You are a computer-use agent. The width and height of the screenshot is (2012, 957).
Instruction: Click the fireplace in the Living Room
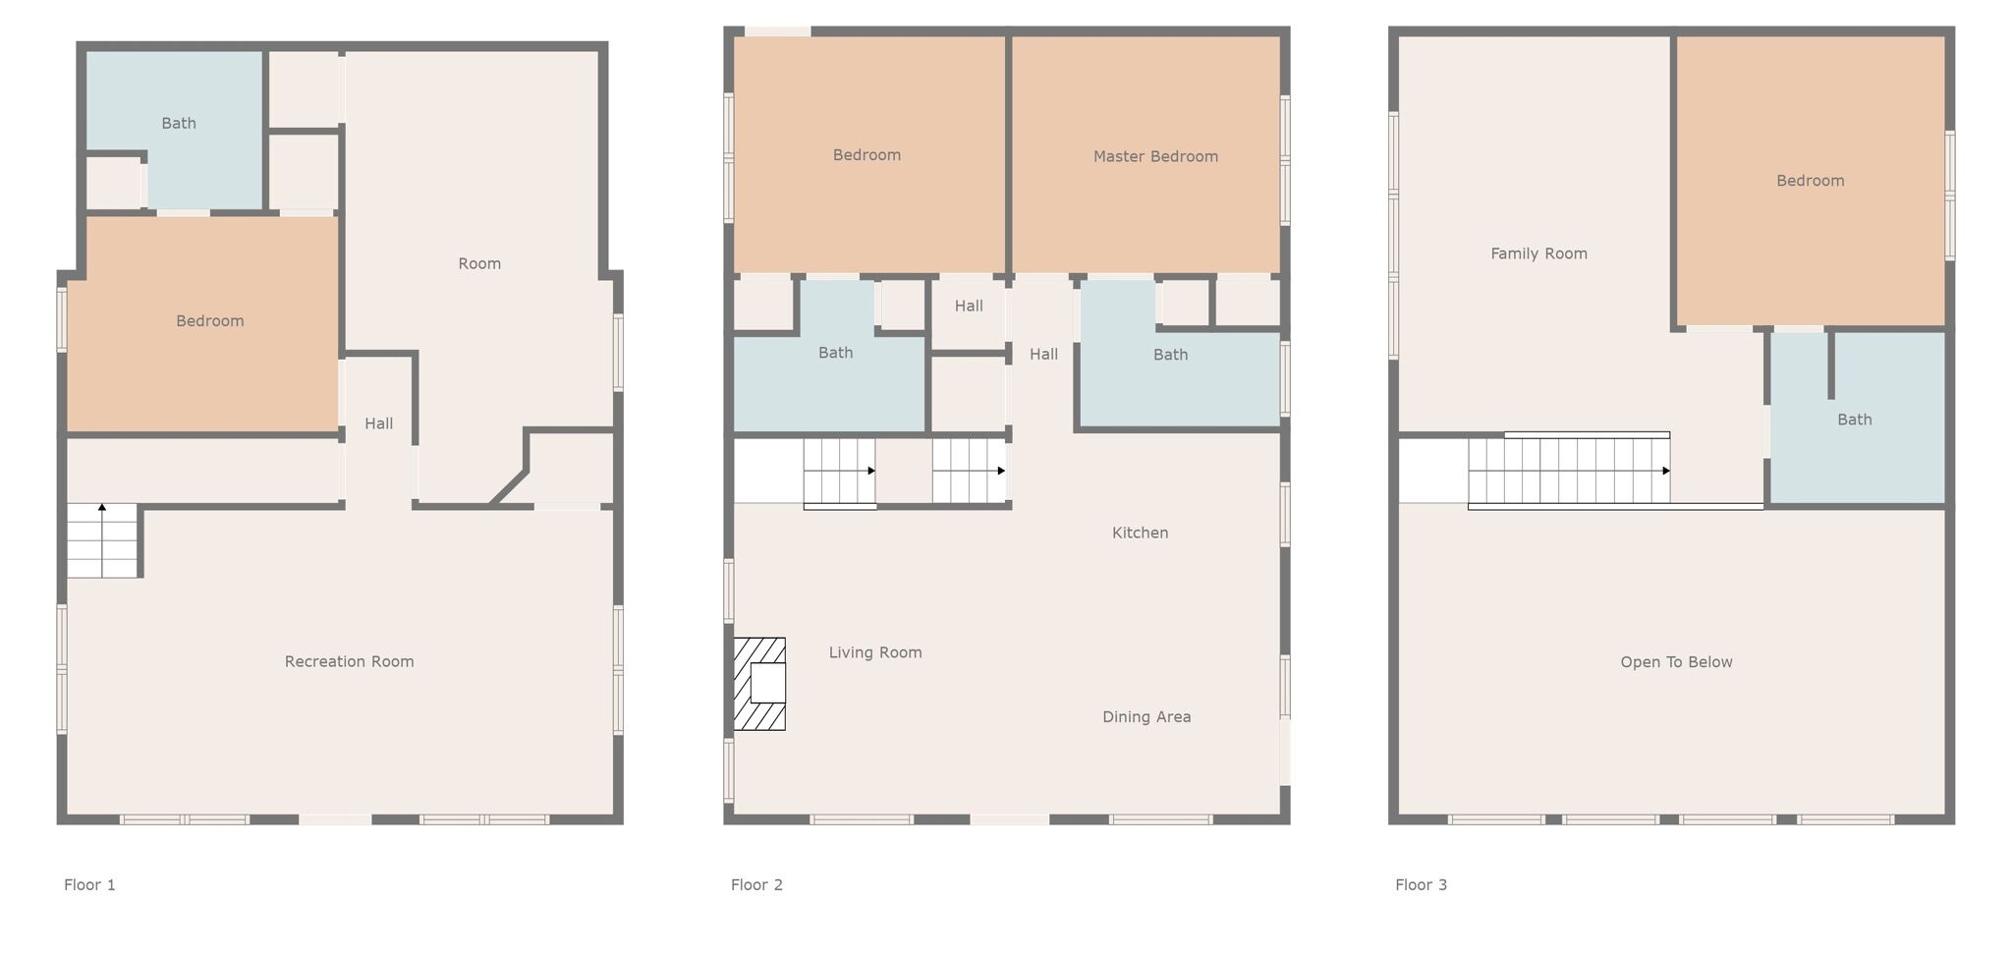(x=759, y=684)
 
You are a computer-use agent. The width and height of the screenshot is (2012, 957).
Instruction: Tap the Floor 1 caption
(x=89, y=885)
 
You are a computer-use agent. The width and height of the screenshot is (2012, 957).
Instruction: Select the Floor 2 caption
(x=756, y=885)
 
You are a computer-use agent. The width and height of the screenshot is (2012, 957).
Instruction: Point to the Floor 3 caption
(x=1421, y=885)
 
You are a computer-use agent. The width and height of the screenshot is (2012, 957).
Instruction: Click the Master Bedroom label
(x=1155, y=156)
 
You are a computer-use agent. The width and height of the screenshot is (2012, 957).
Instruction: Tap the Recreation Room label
(x=349, y=662)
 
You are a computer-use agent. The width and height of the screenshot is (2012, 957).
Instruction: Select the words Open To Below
(x=1676, y=662)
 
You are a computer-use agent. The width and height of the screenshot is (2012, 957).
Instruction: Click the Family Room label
(x=1538, y=253)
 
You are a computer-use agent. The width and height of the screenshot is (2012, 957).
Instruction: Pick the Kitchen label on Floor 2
(x=1140, y=533)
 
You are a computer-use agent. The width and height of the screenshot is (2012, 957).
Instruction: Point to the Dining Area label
(x=1146, y=717)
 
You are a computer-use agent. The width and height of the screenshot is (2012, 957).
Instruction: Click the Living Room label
(x=875, y=652)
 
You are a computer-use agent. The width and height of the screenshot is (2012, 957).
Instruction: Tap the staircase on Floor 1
(x=102, y=540)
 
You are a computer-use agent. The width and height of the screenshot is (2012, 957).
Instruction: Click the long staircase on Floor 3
(x=1569, y=471)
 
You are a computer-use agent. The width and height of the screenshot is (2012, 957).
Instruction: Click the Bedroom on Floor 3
(x=1811, y=181)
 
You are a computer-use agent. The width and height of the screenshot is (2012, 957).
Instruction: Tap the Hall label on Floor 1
(x=378, y=423)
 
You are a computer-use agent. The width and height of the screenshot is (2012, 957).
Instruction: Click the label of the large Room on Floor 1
(x=479, y=263)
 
